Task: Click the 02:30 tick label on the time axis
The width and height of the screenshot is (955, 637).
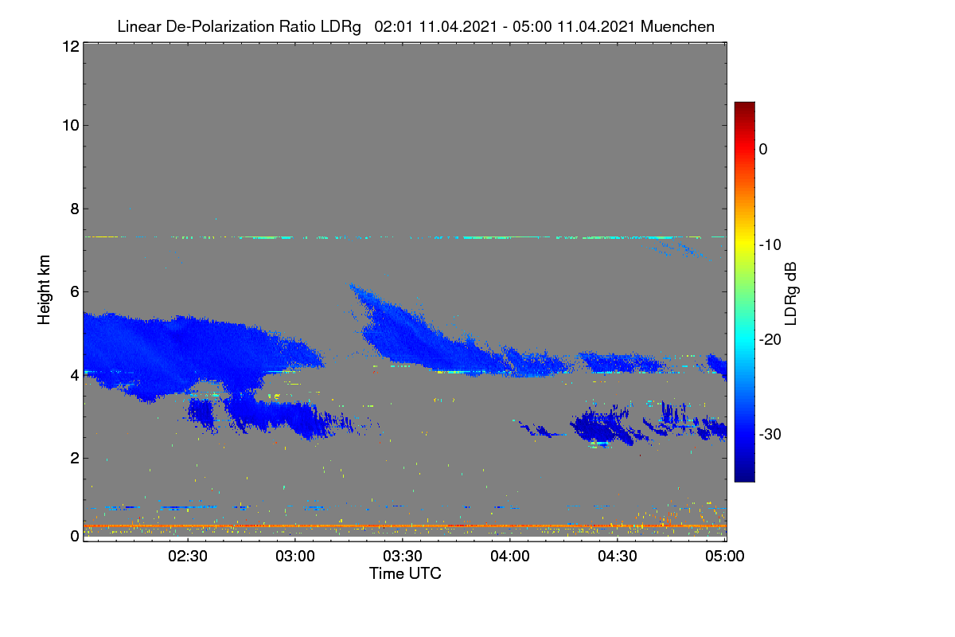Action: tap(188, 557)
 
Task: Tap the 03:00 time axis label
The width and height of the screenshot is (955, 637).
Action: tap(295, 557)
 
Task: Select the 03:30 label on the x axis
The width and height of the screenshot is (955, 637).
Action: tap(403, 557)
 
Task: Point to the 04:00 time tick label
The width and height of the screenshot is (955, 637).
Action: tap(510, 557)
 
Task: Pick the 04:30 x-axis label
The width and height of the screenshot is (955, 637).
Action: tap(618, 557)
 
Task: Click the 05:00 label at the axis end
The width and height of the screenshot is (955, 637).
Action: tap(725, 557)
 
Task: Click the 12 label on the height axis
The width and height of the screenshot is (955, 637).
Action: tap(71, 46)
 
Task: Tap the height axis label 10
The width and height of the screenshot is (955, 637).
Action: tap(71, 126)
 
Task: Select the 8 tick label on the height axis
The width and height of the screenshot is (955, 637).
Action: tap(75, 209)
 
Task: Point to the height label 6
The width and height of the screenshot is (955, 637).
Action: tap(75, 292)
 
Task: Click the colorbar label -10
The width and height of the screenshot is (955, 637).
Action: tap(770, 245)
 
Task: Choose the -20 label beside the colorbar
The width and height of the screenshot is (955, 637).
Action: tap(770, 340)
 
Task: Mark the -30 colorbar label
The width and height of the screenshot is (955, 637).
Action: tap(770, 434)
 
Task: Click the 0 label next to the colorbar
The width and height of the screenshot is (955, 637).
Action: tap(763, 150)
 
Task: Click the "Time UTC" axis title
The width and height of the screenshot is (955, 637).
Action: tap(405, 573)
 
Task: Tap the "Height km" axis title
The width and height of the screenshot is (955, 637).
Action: tap(44, 290)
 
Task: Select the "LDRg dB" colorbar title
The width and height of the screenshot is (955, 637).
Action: tap(791, 294)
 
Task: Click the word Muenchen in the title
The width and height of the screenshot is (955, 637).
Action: tap(677, 26)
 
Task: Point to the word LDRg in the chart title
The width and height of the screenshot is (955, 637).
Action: tap(341, 27)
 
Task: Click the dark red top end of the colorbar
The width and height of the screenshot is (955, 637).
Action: tap(744, 104)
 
